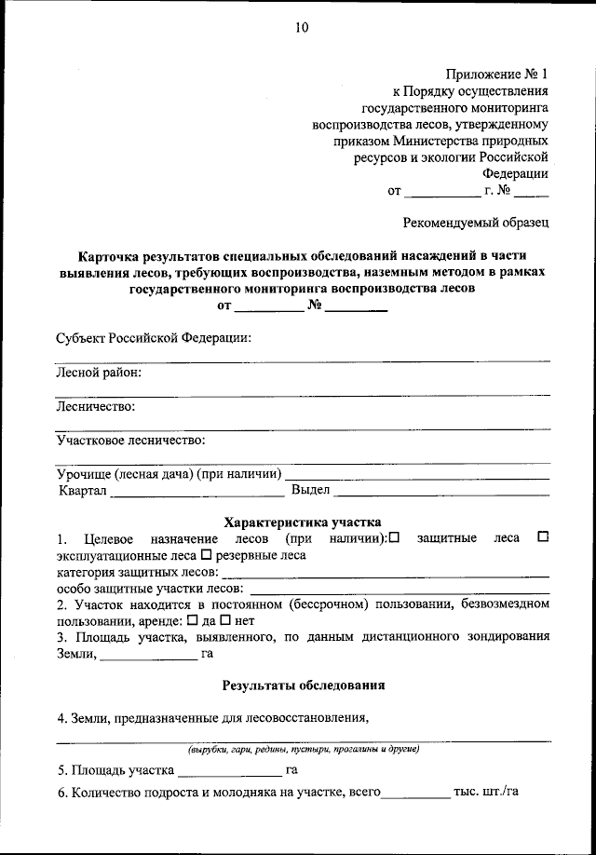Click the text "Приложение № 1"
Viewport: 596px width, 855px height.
tap(497, 73)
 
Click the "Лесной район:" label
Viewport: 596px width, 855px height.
tap(99, 373)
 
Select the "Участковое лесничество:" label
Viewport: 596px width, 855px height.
tap(130, 440)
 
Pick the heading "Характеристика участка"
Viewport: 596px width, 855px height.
tap(303, 522)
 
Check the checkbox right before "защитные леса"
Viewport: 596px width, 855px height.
tap(394, 537)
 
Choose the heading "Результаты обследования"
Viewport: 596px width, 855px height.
tap(303, 685)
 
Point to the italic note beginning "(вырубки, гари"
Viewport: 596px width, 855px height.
tap(303, 749)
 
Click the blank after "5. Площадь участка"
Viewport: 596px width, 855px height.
tap(229, 773)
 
